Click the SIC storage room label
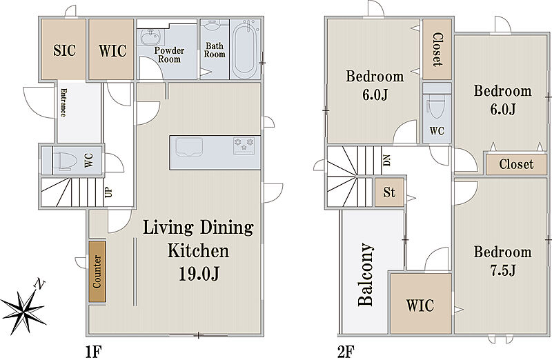64,50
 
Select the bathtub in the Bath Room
245,49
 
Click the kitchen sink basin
189,146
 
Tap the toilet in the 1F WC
65,161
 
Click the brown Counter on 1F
97,271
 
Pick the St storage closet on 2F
389,192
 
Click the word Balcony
366,274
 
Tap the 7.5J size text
503,270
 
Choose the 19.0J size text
199,273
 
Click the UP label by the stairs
108,192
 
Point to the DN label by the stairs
387,160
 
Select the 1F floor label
94,351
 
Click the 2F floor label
346,351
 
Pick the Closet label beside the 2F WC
437,49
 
